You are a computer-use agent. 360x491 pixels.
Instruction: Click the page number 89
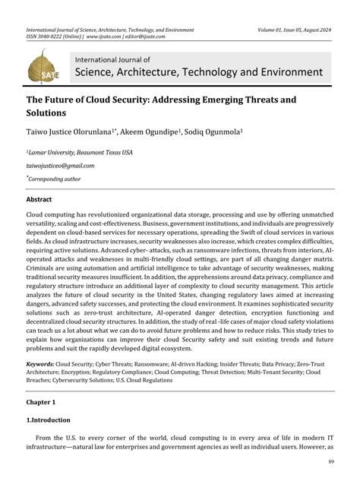click(331, 462)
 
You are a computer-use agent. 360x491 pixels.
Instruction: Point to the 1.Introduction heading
click(49, 420)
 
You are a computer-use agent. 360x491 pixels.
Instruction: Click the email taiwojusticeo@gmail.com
click(60, 165)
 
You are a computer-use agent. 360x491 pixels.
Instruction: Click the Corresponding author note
click(54, 179)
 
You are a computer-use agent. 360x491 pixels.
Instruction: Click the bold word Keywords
click(39, 365)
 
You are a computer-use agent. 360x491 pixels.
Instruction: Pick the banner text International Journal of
click(112, 59)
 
